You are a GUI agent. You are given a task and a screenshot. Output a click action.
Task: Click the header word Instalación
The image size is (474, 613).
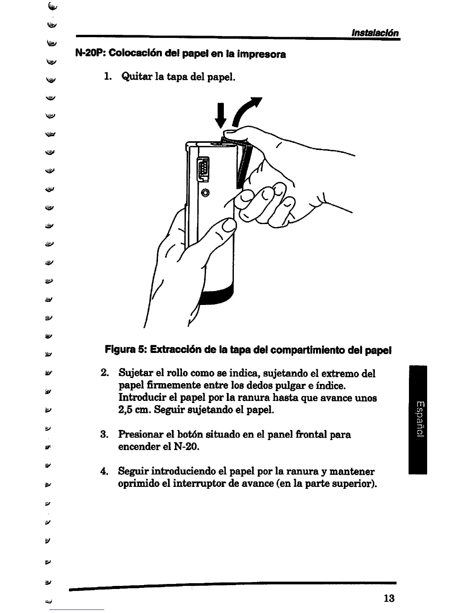coord(374,33)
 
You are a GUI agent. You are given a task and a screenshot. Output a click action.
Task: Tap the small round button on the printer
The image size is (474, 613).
coord(205,192)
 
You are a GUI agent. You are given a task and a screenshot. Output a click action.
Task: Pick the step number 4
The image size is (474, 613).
coord(103,472)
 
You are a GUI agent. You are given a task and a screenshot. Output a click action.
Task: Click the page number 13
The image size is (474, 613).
coord(388,598)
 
